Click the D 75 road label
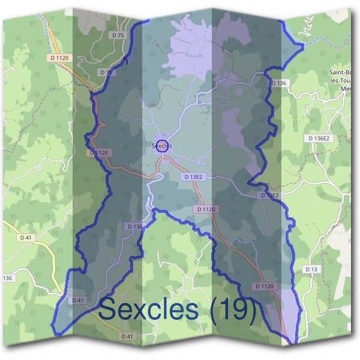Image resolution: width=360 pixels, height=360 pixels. [118, 36]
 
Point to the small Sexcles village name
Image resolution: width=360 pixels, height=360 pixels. [162, 146]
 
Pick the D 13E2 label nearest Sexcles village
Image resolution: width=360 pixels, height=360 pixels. [193, 177]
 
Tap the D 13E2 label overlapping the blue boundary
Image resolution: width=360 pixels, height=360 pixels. [269, 196]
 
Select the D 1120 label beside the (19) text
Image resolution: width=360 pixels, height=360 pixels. [264, 286]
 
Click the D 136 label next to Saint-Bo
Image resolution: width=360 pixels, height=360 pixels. [279, 83]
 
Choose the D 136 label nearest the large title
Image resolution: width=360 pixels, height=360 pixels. [135, 226]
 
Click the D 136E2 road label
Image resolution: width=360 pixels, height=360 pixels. [319, 138]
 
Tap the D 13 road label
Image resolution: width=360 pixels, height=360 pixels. [311, 269]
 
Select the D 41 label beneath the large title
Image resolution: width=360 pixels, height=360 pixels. [127, 336]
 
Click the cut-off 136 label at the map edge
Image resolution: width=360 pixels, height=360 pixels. [7, 278]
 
